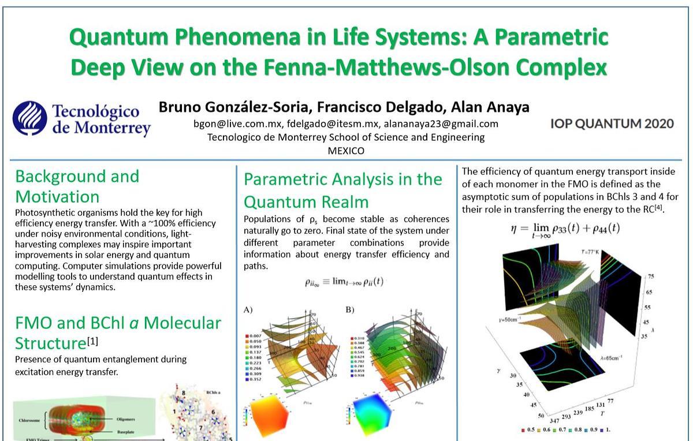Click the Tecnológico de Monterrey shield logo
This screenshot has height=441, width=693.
pos(29,118)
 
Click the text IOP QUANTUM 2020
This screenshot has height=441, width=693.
pos(612,123)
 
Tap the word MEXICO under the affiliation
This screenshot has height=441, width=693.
pos(346,151)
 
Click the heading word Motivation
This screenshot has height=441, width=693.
pos(57,196)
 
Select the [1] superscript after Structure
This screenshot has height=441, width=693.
pos(92,341)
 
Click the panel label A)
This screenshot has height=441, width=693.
pos(248,309)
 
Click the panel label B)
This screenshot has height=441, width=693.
pos(350,309)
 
